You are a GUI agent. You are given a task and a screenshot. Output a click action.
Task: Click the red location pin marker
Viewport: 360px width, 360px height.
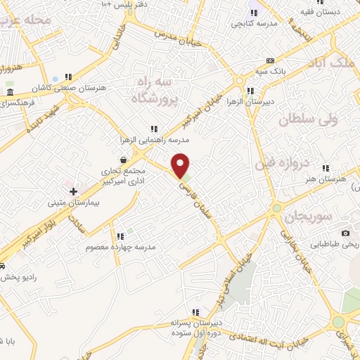tap(181, 165)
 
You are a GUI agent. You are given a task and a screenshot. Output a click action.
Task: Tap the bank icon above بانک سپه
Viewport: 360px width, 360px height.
tap(281, 60)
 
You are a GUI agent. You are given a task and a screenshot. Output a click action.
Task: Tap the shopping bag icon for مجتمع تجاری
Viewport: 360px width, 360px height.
tap(124, 159)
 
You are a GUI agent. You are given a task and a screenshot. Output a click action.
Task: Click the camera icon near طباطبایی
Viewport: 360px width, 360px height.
tap(345, 233)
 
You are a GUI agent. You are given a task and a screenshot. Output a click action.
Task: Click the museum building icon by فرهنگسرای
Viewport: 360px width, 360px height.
tap(9, 93)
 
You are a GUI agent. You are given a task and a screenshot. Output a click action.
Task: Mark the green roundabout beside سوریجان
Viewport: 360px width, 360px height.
tap(277, 208)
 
